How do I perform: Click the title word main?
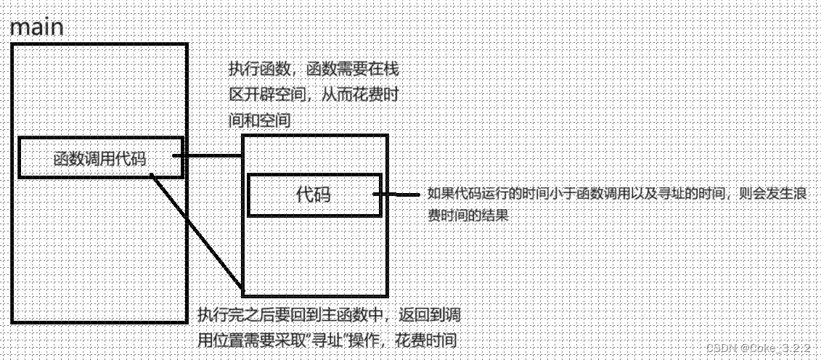click(36, 28)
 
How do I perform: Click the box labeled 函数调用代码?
click(100, 157)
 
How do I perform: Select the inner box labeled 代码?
click(314, 195)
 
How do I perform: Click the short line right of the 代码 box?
click(400, 195)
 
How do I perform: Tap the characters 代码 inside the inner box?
click(314, 195)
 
